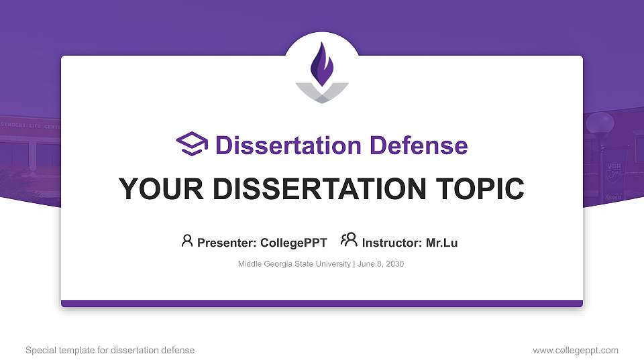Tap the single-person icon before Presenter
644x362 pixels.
click(187, 241)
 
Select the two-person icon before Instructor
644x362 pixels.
click(349, 241)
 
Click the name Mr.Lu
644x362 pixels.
click(441, 243)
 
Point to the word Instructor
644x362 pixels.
click(392, 243)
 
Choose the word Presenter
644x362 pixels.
click(225, 243)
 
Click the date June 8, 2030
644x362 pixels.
click(380, 264)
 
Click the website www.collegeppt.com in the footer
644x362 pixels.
click(575, 350)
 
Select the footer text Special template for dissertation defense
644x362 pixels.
click(110, 350)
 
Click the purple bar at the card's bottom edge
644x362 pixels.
click(322, 304)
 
